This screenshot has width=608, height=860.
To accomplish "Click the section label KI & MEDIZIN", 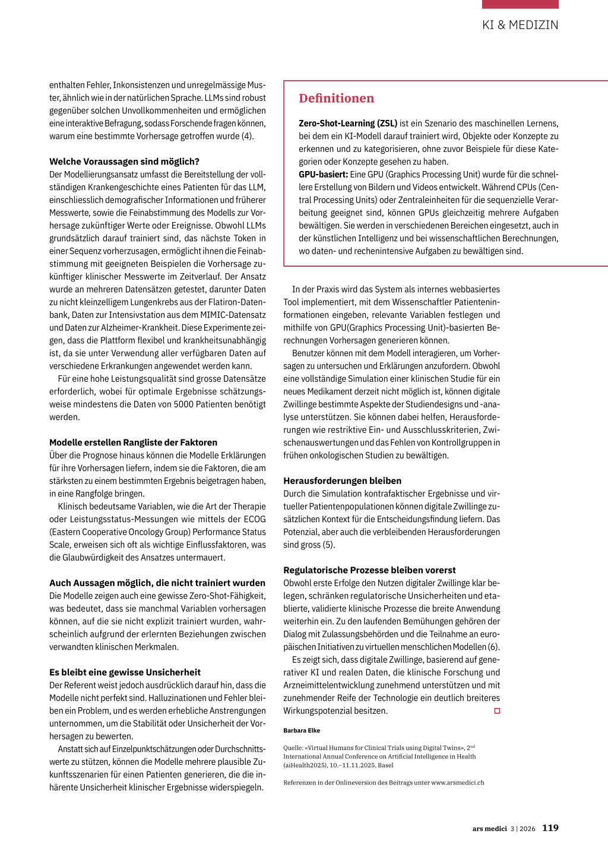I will tap(520, 25).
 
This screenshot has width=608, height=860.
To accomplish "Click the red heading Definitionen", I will tap(336, 99).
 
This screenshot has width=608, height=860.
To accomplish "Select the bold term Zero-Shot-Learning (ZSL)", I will tap(348, 124).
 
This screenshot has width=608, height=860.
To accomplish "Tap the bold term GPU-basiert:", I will tap(323, 175).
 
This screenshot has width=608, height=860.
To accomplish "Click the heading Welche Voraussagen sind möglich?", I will tap(124, 162).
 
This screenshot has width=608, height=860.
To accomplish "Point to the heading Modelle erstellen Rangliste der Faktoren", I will tap(133, 442).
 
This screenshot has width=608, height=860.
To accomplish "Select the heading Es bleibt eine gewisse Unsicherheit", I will tap(125, 672).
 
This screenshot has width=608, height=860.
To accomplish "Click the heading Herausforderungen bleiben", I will tap(342, 481).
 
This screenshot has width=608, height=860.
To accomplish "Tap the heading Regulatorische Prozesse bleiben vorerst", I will tap(369, 570).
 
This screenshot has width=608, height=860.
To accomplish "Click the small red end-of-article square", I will tap(497, 711).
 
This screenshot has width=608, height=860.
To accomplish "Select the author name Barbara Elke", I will tap(302, 731).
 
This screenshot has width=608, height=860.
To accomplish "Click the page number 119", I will tap(550, 828).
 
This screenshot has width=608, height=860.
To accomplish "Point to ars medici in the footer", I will tap(489, 829).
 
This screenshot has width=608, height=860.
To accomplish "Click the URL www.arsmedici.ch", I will tap(457, 783).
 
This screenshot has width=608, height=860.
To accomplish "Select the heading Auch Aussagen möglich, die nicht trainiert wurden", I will tap(157, 583).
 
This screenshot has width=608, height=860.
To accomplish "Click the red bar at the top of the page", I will tap(520, 4).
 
